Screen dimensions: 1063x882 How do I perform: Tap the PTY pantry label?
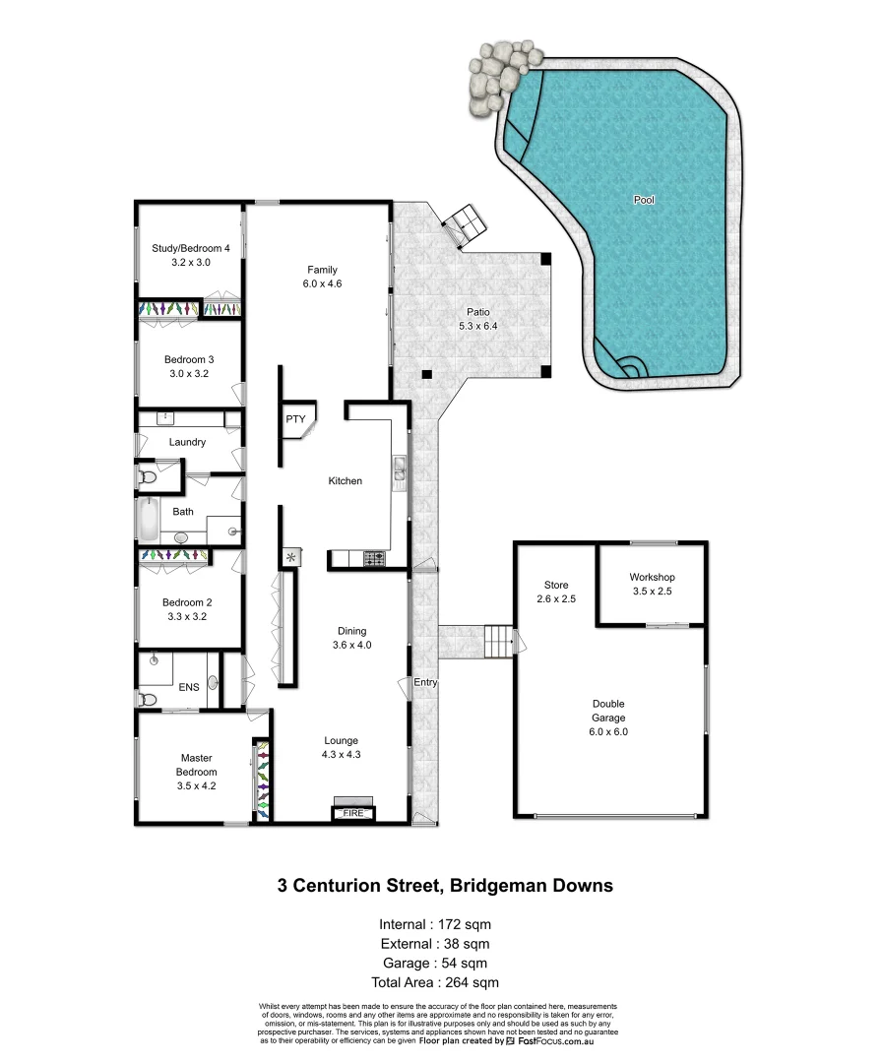click(x=295, y=419)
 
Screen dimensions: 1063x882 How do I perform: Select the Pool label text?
click(x=644, y=200)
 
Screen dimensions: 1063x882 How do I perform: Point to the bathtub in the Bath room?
click(x=147, y=520)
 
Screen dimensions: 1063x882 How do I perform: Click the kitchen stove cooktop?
click(x=375, y=559)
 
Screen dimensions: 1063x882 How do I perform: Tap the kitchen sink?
click(x=400, y=470)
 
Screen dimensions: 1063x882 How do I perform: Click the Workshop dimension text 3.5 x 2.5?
click(x=652, y=593)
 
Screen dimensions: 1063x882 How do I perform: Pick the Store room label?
click(x=556, y=585)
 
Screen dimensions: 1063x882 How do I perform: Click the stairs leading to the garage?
click(x=500, y=643)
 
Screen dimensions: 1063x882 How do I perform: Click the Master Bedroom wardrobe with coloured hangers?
click(x=262, y=780)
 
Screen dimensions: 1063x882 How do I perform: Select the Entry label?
click(x=425, y=682)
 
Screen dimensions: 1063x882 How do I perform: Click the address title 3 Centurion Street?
click(x=445, y=886)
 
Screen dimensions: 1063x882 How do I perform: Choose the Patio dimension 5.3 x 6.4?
click(x=478, y=327)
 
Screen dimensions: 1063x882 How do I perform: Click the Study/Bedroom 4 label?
click(x=191, y=248)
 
